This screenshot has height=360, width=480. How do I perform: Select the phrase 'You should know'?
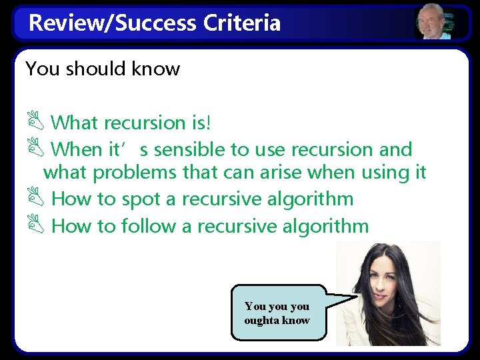103,69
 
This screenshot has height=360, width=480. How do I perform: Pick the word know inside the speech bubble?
295,320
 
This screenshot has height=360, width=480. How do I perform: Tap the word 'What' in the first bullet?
74,123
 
